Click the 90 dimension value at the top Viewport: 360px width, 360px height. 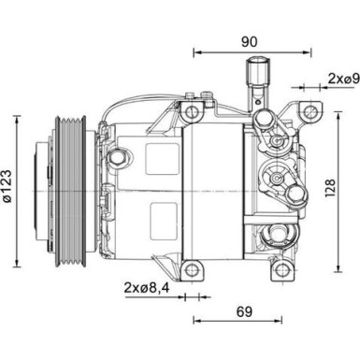249,41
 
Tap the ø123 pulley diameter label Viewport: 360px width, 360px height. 9,190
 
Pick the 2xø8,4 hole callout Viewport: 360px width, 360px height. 146,288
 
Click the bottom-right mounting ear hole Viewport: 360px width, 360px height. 280,269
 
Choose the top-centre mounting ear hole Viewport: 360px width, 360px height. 193,113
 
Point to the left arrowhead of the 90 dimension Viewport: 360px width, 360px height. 194,52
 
